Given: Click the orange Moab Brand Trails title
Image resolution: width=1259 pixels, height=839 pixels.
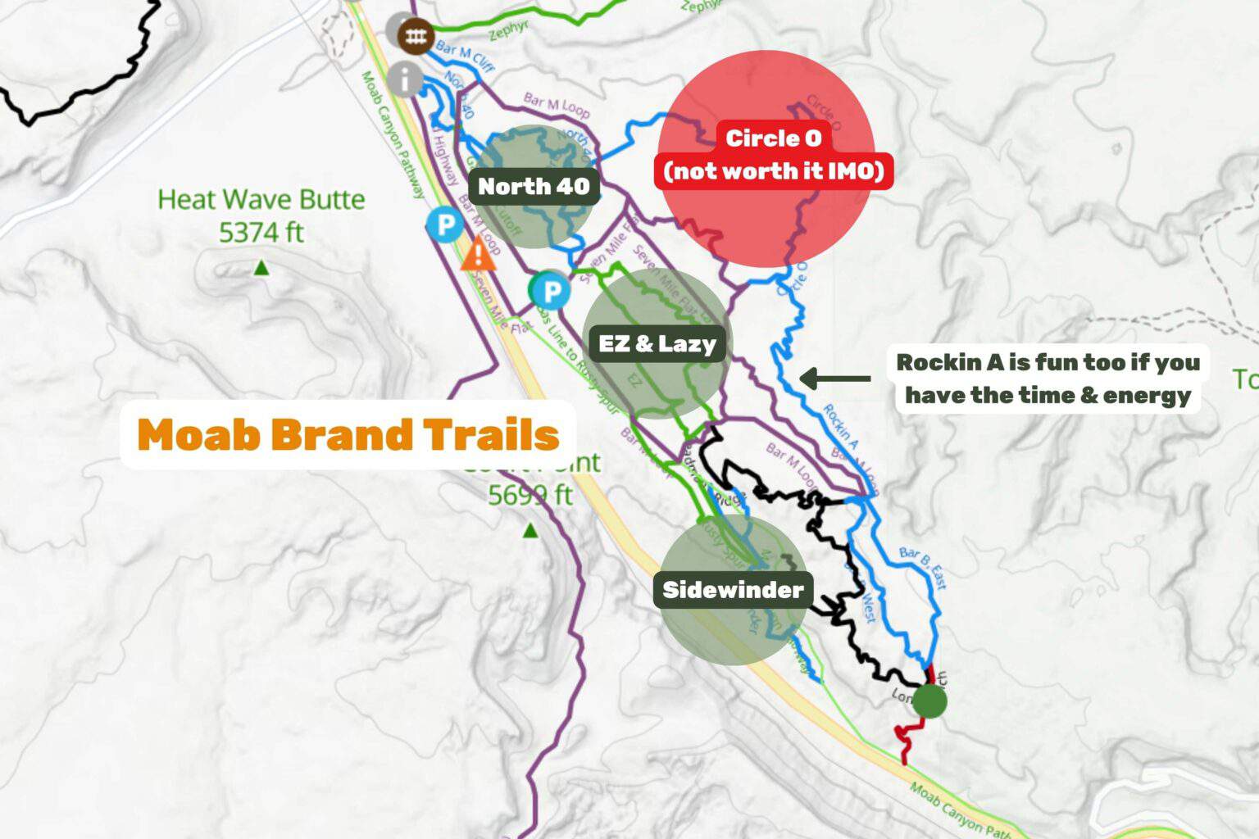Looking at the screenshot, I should tap(348, 434).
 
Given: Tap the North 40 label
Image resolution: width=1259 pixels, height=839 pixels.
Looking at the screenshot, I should tap(534, 186).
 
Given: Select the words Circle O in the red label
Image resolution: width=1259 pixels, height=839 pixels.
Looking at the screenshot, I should tap(773, 138).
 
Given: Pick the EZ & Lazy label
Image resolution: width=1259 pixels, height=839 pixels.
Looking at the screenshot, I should tap(657, 343).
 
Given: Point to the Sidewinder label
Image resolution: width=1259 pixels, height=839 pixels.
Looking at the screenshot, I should tap(733, 590).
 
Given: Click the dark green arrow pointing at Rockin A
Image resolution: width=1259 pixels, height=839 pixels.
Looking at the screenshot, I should tap(834, 379).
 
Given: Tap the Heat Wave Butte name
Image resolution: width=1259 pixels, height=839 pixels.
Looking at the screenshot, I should tap(261, 199).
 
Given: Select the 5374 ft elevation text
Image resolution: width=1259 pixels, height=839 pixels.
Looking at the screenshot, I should tap(261, 233).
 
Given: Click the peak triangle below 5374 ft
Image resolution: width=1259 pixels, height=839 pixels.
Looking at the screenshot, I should tap(261, 267).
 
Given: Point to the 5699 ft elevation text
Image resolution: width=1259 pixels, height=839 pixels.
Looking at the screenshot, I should tap(530, 495).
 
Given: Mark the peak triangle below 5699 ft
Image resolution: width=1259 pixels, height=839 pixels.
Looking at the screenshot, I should tap(530, 531).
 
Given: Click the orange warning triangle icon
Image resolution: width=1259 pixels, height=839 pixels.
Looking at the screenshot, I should tap(479, 254).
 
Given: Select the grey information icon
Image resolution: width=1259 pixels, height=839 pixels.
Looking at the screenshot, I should tap(404, 79).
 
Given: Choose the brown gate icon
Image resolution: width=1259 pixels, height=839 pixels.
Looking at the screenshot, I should tap(415, 35).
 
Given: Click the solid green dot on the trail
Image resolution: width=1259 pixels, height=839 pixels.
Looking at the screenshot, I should tap(929, 701).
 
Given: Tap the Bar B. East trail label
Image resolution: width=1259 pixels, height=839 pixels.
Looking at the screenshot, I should tap(923, 567).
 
